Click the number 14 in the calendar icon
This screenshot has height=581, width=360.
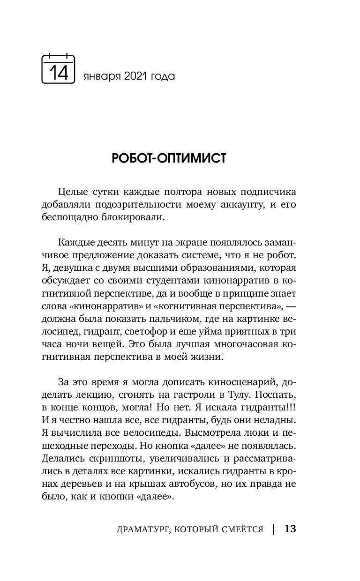tap(59, 73)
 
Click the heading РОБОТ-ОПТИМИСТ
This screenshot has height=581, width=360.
tap(169, 159)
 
